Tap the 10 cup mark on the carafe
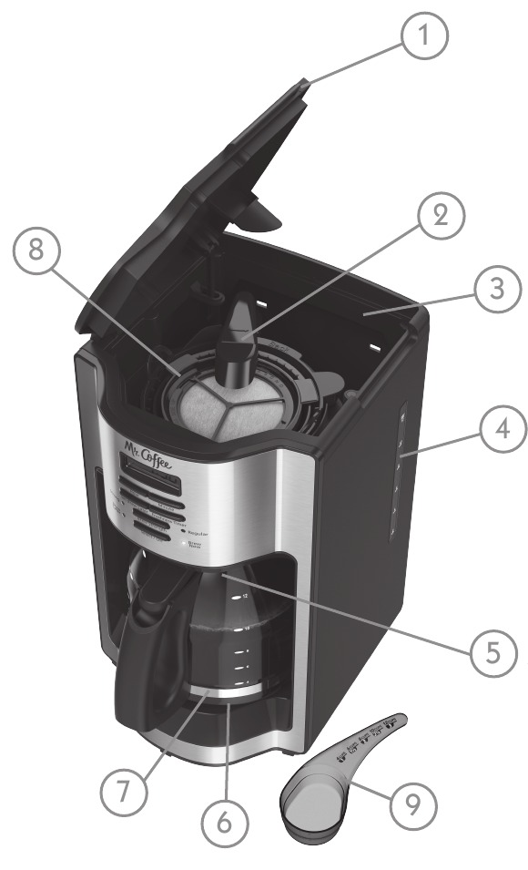point(244,629)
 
